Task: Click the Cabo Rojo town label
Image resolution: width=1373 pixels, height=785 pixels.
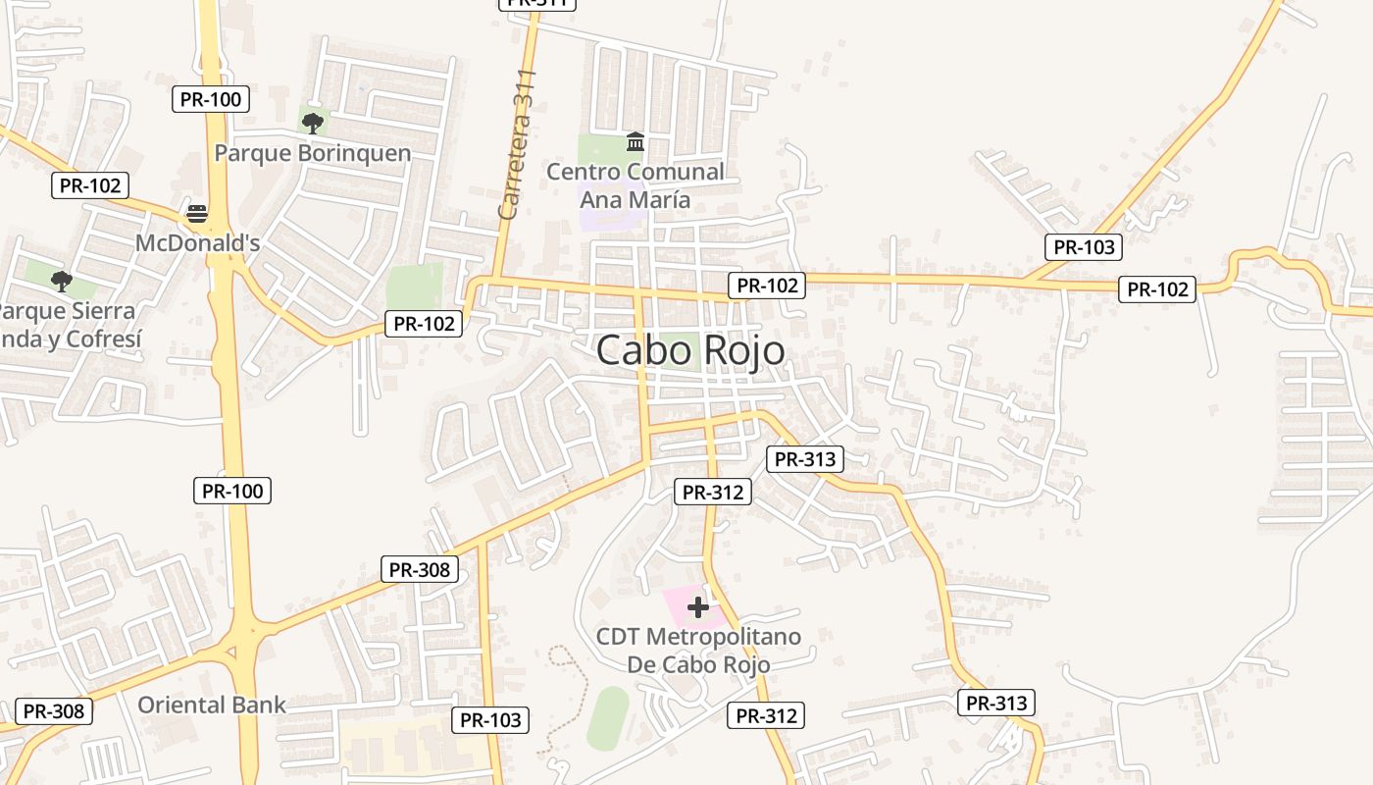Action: point(690,350)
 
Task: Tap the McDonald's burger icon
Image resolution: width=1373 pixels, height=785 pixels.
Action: point(197,214)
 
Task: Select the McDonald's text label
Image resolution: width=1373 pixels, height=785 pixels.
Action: point(197,242)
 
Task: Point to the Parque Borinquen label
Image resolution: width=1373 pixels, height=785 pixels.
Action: point(313,153)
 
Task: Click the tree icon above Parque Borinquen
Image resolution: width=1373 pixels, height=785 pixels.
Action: point(313,124)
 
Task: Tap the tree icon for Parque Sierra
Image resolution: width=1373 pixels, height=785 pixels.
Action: point(62,282)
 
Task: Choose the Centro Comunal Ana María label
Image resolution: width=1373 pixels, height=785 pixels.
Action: point(635,185)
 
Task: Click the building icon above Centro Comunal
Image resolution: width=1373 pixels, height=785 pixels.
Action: point(635,143)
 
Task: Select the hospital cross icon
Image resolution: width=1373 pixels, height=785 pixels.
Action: point(698,607)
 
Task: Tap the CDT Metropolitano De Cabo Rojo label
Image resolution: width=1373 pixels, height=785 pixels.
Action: point(698,651)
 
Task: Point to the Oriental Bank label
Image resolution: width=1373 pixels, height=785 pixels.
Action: point(212,705)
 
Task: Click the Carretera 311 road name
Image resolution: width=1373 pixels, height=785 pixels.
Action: point(517,144)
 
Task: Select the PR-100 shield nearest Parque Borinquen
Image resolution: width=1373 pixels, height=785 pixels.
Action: point(211,99)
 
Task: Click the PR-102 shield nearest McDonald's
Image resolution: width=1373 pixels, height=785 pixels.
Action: point(90,185)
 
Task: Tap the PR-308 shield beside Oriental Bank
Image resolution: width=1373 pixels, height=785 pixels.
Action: point(54,711)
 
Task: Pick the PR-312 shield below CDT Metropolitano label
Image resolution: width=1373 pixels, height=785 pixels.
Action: point(766,715)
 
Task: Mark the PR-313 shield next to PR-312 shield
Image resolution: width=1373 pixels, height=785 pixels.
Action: point(804,458)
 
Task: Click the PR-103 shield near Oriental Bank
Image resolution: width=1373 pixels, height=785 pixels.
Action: point(490,720)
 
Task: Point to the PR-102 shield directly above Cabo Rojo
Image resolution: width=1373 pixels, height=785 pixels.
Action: point(767,286)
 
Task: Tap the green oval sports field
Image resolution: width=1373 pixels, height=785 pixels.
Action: point(608,718)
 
